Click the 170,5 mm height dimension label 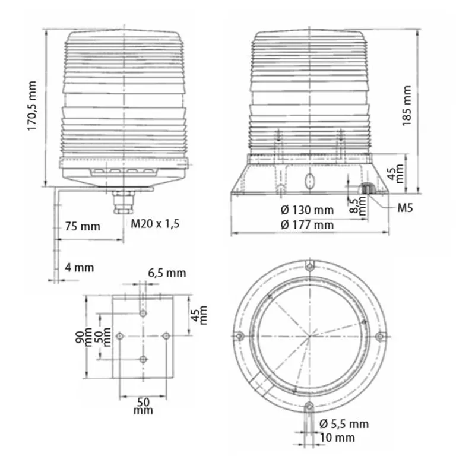(x=32, y=106)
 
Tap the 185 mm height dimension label (x=407, y=106)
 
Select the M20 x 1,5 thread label (x=155, y=224)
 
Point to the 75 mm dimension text (x=83, y=226)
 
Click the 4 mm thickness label (x=80, y=268)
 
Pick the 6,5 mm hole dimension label (x=167, y=273)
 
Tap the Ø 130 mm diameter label (x=307, y=210)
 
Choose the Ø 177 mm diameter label (x=307, y=225)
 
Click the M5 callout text (x=405, y=208)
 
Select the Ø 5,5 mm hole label (x=344, y=424)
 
